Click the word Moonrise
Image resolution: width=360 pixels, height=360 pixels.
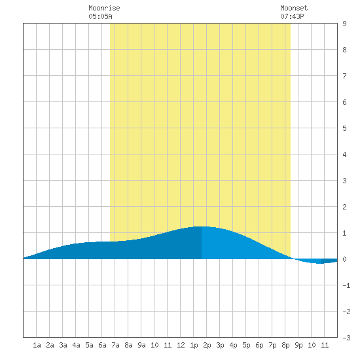[x=104, y=8]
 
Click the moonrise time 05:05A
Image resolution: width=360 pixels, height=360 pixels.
[x=100, y=16]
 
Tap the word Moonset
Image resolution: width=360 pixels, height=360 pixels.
[x=294, y=8]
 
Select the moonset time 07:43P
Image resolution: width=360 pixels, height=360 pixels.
[x=292, y=16]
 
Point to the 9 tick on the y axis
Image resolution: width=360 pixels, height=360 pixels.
[x=344, y=24]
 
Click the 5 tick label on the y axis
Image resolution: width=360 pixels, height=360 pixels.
[x=344, y=128]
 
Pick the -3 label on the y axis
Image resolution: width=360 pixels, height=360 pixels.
[x=346, y=338]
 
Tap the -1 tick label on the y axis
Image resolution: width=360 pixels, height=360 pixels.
[x=346, y=285]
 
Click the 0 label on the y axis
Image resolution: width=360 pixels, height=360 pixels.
[x=344, y=259]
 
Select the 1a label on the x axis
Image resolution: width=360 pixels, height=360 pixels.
[x=37, y=345]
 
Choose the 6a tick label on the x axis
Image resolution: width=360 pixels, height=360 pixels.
[x=102, y=345]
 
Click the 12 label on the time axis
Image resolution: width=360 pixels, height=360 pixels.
[x=181, y=345]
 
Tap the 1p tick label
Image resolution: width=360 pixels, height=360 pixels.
[x=194, y=345]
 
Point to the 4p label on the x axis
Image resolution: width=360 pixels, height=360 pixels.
[x=233, y=345]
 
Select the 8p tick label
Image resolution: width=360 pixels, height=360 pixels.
[x=285, y=345]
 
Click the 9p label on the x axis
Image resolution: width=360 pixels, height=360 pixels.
[x=298, y=345]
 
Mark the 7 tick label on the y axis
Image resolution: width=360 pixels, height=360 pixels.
[x=344, y=76]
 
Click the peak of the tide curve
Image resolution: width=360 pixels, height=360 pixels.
[x=202, y=226]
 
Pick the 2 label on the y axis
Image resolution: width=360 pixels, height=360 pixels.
[x=344, y=207]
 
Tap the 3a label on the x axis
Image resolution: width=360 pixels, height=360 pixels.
[x=63, y=345]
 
